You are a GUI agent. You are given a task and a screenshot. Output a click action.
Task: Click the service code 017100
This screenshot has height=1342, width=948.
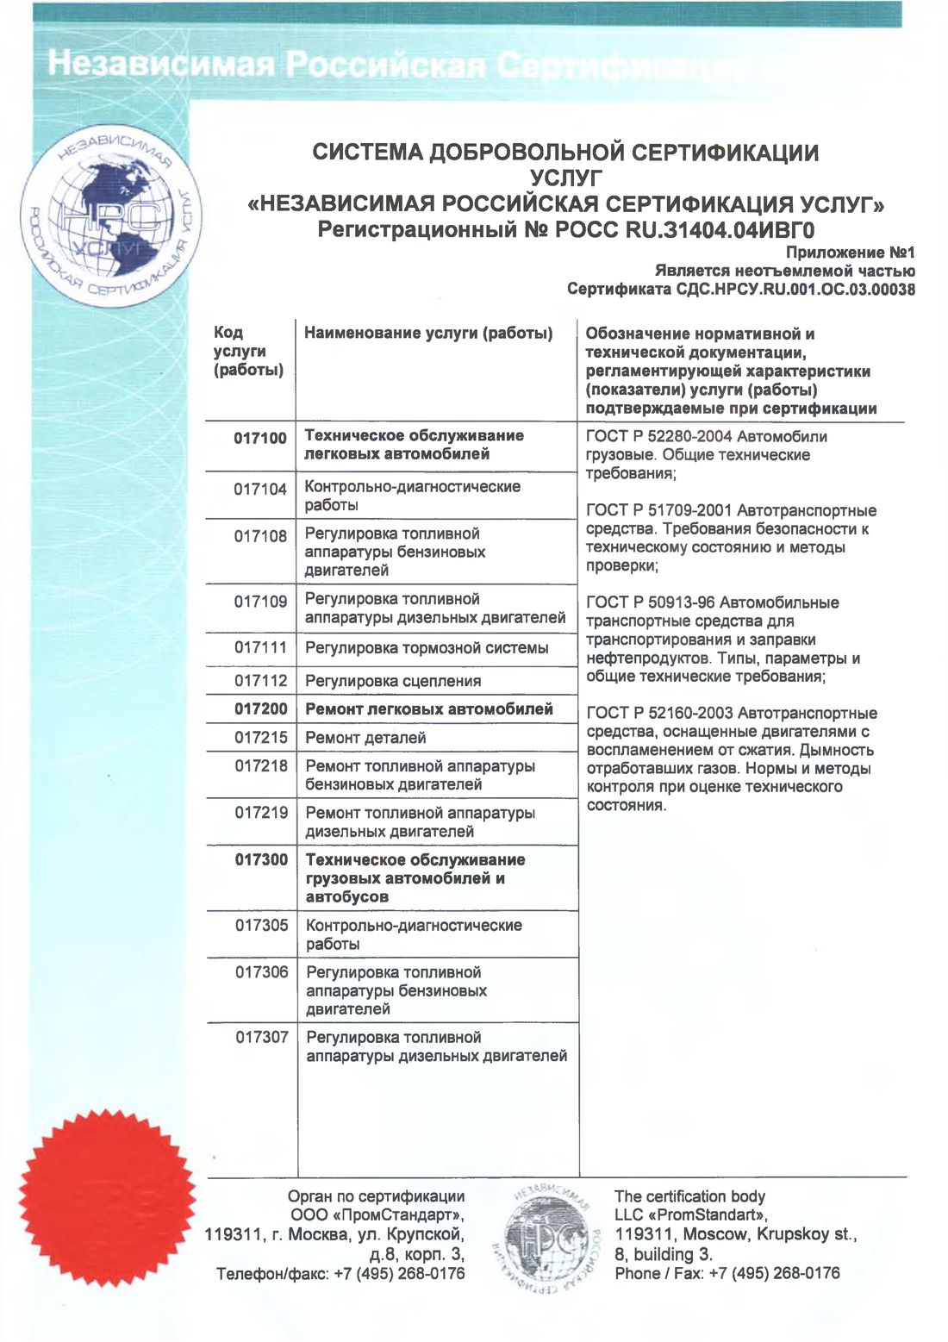(259, 438)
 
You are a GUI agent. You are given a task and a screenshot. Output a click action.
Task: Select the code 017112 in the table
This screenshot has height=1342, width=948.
(260, 681)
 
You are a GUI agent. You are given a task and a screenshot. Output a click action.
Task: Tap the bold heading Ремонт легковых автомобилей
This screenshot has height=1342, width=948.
(429, 709)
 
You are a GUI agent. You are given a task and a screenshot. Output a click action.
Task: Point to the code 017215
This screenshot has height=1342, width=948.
(261, 738)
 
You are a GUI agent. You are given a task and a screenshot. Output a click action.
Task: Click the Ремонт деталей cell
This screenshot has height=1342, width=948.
(365, 738)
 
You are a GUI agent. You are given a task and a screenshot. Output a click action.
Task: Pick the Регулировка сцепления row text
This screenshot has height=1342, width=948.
(393, 681)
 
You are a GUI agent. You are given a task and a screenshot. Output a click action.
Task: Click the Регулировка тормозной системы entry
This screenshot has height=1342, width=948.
(427, 648)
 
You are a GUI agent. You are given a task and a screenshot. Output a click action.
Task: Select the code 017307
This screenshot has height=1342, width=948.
(262, 1037)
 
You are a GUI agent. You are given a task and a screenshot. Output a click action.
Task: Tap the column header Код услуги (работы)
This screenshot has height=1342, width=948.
(247, 352)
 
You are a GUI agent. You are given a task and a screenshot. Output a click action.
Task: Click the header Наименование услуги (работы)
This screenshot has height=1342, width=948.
(428, 333)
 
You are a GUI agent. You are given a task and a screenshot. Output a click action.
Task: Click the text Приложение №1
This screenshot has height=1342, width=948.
(850, 253)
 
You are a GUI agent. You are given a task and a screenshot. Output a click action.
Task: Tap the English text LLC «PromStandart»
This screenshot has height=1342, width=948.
(691, 1215)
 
